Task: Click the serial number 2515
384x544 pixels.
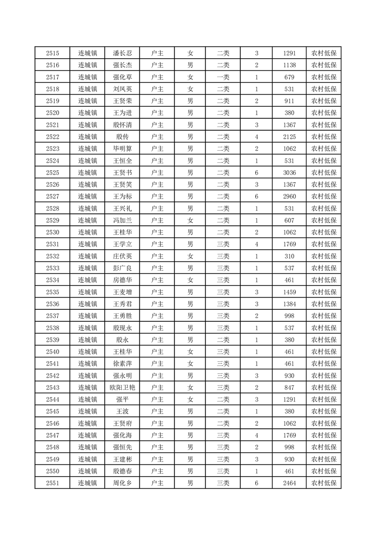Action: pos(52,53)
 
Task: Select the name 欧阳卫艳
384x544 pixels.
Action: pos(122,387)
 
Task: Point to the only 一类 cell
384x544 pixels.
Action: pos(223,77)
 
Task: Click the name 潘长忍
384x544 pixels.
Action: pos(122,53)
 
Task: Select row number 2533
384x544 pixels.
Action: pos(52,268)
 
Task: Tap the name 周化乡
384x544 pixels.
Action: pos(122,483)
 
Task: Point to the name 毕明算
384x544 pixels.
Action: pos(122,149)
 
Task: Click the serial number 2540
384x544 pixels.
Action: pos(52,352)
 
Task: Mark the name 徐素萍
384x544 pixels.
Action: pos(122,364)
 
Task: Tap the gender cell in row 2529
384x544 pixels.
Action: pos(190,221)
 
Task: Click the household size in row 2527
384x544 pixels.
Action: pos(256,196)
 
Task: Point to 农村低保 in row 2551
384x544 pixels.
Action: pos(324,483)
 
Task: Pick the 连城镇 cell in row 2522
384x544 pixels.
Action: pos(88,137)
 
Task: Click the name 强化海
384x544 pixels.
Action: pos(122,435)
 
